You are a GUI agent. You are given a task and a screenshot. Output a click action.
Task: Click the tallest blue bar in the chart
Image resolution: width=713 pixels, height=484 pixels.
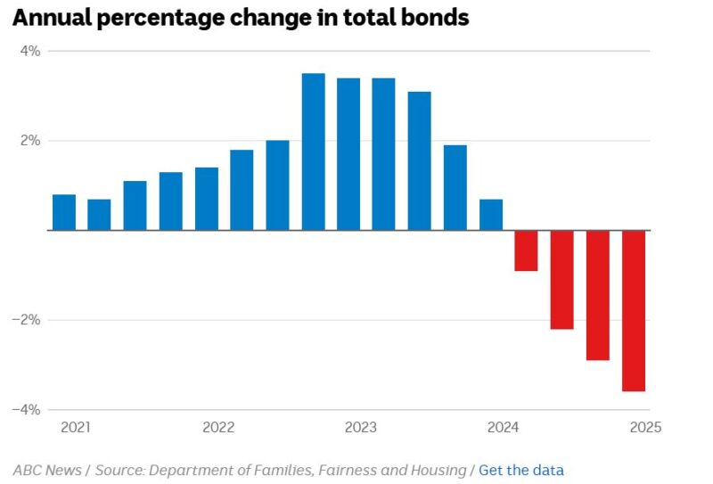click(313, 152)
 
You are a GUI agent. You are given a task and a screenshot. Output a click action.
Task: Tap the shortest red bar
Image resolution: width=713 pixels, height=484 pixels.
click(527, 250)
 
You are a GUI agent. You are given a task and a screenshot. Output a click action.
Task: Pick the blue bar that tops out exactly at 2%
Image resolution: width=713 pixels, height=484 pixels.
click(277, 185)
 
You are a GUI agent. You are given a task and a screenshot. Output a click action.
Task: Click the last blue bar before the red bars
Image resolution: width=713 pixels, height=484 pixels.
click(491, 215)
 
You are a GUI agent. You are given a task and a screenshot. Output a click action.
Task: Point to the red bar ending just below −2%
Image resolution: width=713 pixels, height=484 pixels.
click(562, 280)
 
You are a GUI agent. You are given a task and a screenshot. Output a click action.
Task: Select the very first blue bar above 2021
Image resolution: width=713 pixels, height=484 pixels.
click(64, 212)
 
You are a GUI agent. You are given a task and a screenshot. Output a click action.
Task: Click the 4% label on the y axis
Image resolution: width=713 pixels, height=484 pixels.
click(30, 52)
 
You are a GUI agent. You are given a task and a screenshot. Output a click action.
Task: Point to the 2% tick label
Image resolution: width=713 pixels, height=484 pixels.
click(30, 141)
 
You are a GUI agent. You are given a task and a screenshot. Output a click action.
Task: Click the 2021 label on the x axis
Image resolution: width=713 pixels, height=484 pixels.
click(76, 427)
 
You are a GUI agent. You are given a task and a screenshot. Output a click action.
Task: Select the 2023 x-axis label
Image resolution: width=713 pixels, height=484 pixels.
click(360, 427)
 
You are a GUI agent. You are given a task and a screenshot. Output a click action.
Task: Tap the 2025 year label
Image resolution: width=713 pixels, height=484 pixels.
click(644, 427)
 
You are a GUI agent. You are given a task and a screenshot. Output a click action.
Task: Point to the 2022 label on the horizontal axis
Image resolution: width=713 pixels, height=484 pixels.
click(218, 427)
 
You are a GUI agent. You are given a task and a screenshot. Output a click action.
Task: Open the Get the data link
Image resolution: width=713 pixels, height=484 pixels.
click(521, 470)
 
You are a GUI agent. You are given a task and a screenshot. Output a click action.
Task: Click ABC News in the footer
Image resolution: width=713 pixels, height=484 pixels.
click(46, 470)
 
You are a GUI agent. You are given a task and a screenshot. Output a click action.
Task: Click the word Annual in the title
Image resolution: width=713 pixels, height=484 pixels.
click(53, 18)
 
